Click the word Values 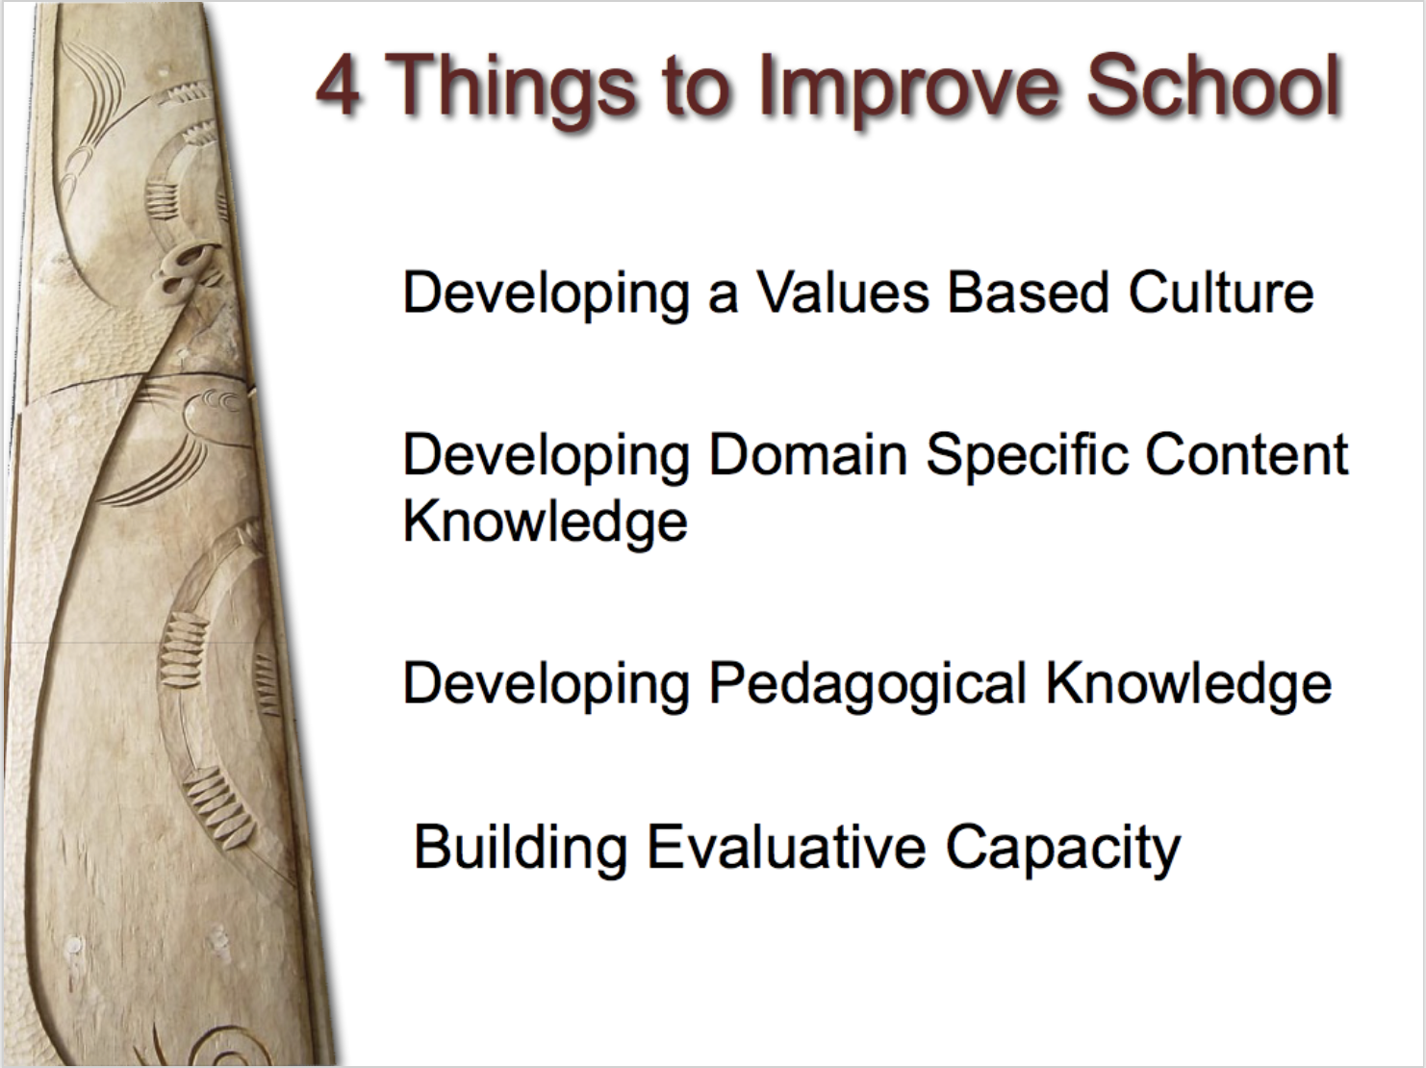pyautogui.click(x=844, y=292)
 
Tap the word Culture pyautogui.click(x=1221, y=292)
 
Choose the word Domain pyautogui.click(x=808, y=454)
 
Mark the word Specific pyautogui.click(x=1028, y=456)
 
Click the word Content pyautogui.click(x=1247, y=454)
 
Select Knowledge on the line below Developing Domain pyautogui.click(x=546, y=522)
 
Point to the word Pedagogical pyautogui.click(x=867, y=685)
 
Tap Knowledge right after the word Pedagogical pyautogui.click(x=1188, y=685)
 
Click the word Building pyautogui.click(x=521, y=849)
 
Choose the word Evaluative pyautogui.click(x=786, y=847)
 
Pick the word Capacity pyautogui.click(x=1063, y=849)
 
